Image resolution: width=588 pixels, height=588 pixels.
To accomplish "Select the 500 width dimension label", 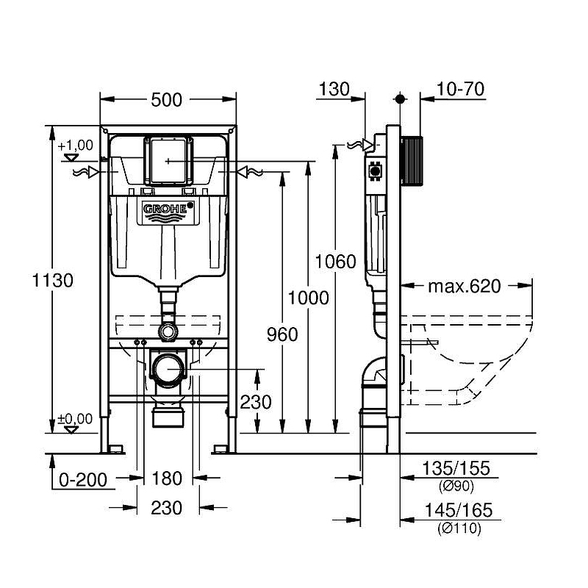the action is pyautogui.click(x=167, y=100).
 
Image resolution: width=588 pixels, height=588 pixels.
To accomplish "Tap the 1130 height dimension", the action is pyautogui.click(x=52, y=281).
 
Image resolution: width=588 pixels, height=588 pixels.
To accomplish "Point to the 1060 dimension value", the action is pyautogui.click(x=335, y=262).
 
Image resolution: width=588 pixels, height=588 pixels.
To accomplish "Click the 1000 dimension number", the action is pyautogui.click(x=308, y=298).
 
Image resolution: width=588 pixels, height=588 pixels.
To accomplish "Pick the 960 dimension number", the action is pyautogui.click(x=282, y=334).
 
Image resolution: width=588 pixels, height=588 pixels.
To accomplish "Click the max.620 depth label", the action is pyautogui.click(x=465, y=286).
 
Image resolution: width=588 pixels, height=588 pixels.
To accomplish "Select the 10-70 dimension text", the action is pyautogui.click(x=461, y=89).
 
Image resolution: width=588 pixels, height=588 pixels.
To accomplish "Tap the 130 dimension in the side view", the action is pyautogui.click(x=334, y=89).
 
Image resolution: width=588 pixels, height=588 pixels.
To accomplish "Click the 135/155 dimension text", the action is pyautogui.click(x=456, y=468).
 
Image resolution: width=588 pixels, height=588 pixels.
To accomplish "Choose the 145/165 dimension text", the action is pyautogui.click(x=458, y=510).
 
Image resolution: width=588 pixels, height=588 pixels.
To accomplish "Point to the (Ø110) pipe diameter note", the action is pyautogui.click(x=459, y=528).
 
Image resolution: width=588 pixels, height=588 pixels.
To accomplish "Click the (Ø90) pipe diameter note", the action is pyautogui.click(x=456, y=486).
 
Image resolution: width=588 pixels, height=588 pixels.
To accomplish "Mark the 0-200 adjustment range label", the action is pyautogui.click(x=83, y=480).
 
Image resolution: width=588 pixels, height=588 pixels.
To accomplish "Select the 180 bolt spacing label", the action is pyautogui.click(x=167, y=478).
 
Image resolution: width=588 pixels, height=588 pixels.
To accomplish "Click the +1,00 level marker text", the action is pyautogui.click(x=76, y=145).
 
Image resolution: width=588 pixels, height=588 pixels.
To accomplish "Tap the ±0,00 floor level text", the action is pyautogui.click(x=75, y=419).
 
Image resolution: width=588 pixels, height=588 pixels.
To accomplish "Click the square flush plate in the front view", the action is pyautogui.click(x=168, y=161).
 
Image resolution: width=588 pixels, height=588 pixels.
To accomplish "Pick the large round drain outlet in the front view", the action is pyautogui.click(x=168, y=370).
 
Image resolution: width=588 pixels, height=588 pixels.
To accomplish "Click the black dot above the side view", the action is pyautogui.click(x=400, y=99).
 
